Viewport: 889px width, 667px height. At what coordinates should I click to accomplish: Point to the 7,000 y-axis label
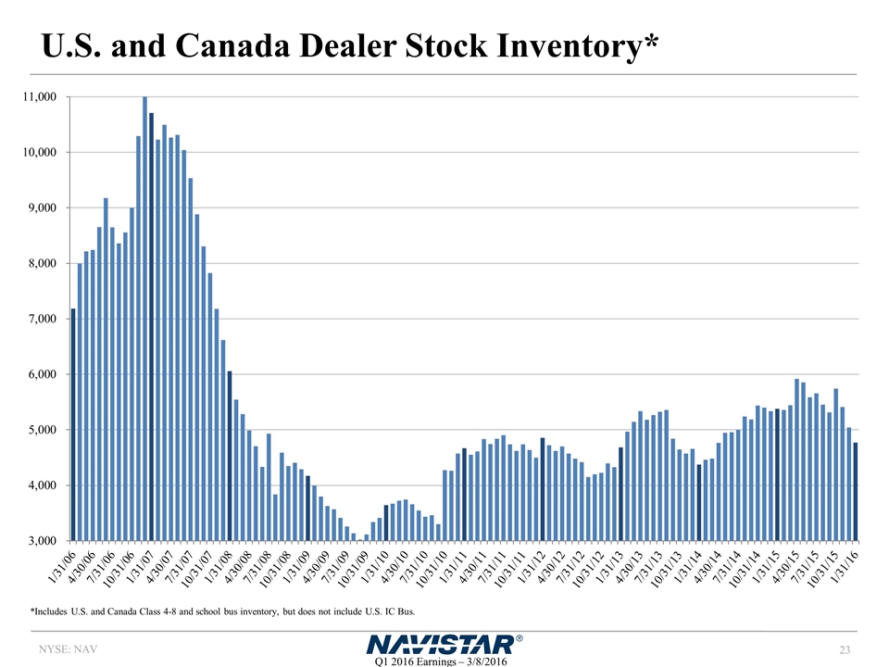tap(42, 319)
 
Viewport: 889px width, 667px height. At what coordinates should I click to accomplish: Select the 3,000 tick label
tap(42, 540)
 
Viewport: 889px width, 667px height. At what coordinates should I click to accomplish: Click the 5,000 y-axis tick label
tap(42, 430)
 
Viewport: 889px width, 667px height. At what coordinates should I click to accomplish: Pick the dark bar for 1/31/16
tap(856, 491)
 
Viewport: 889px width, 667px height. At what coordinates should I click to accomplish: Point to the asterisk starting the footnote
tap(32, 610)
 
